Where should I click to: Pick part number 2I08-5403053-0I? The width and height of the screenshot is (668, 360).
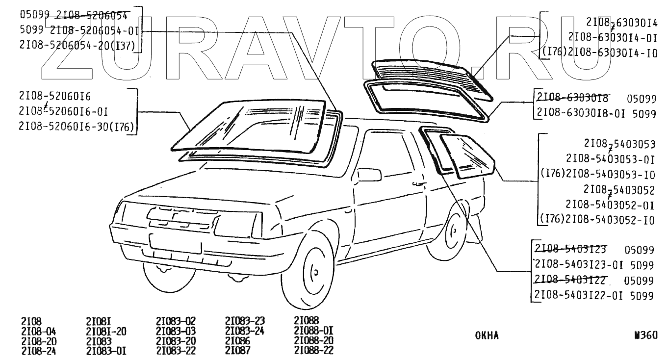[x=610, y=159]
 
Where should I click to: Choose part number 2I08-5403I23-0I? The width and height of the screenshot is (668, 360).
[x=579, y=265]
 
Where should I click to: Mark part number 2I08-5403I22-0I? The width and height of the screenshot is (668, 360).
[x=579, y=296]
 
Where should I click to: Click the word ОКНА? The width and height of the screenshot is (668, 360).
[x=487, y=336]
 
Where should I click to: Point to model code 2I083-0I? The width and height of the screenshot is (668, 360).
[x=106, y=350]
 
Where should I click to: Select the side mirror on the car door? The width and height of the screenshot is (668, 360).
[x=369, y=175]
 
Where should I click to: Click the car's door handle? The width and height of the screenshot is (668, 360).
[x=418, y=184]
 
